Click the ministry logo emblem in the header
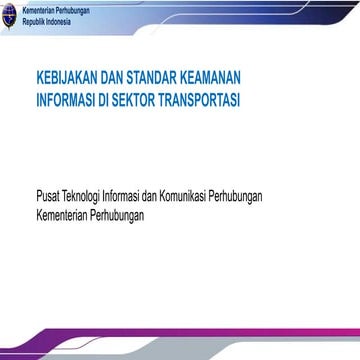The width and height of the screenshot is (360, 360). point(9,14)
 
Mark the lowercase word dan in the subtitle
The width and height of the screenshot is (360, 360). point(210,197)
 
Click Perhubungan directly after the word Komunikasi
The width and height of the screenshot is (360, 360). point(310,197)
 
